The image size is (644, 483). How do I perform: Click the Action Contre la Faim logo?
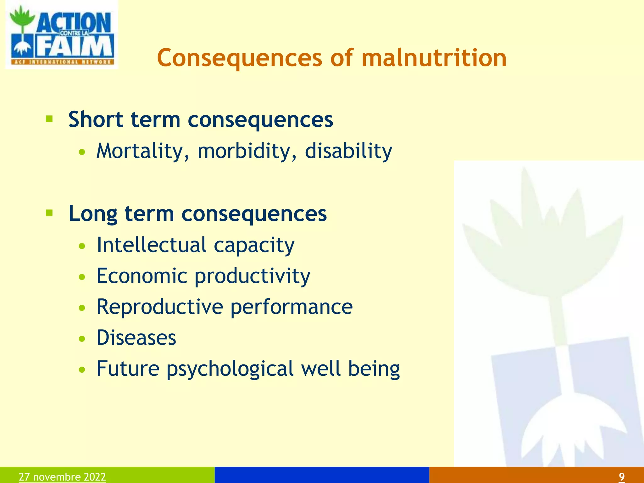click(x=62, y=35)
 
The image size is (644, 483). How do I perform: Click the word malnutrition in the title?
click(x=434, y=58)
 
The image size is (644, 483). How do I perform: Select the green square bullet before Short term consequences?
click(x=49, y=119)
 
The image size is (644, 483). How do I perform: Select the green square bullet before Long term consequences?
click(x=49, y=213)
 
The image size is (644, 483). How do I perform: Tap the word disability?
click(x=348, y=151)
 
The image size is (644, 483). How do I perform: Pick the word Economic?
click(x=142, y=276)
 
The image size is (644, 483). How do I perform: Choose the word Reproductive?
click(x=160, y=307)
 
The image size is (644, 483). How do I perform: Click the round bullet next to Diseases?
click(x=82, y=339)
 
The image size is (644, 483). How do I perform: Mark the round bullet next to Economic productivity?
click(x=82, y=277)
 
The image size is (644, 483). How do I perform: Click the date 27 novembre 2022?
click(x=62, y=477)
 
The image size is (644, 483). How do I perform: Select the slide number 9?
click(x=621, y=477)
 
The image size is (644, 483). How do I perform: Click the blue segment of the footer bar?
click(x=322, y=475)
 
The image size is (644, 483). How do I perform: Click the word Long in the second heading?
click(x=93, y=214)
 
